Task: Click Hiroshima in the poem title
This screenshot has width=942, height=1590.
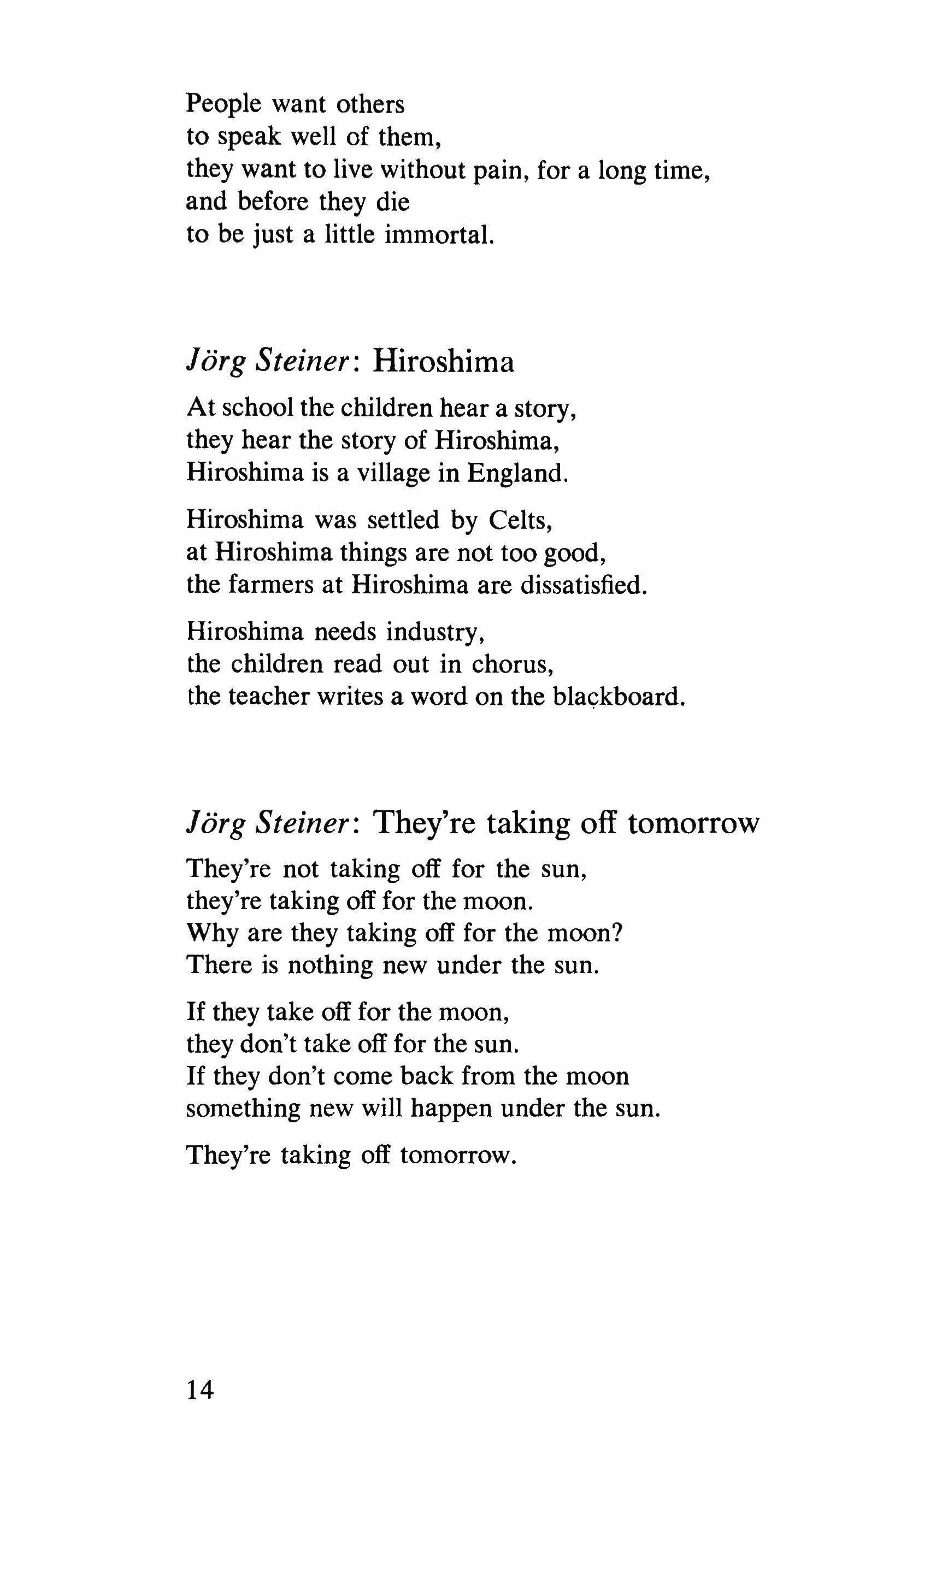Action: coord(443,362)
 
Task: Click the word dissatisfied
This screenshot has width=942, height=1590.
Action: coord(584,585)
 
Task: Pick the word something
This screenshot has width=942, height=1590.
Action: coord(243,1108)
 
